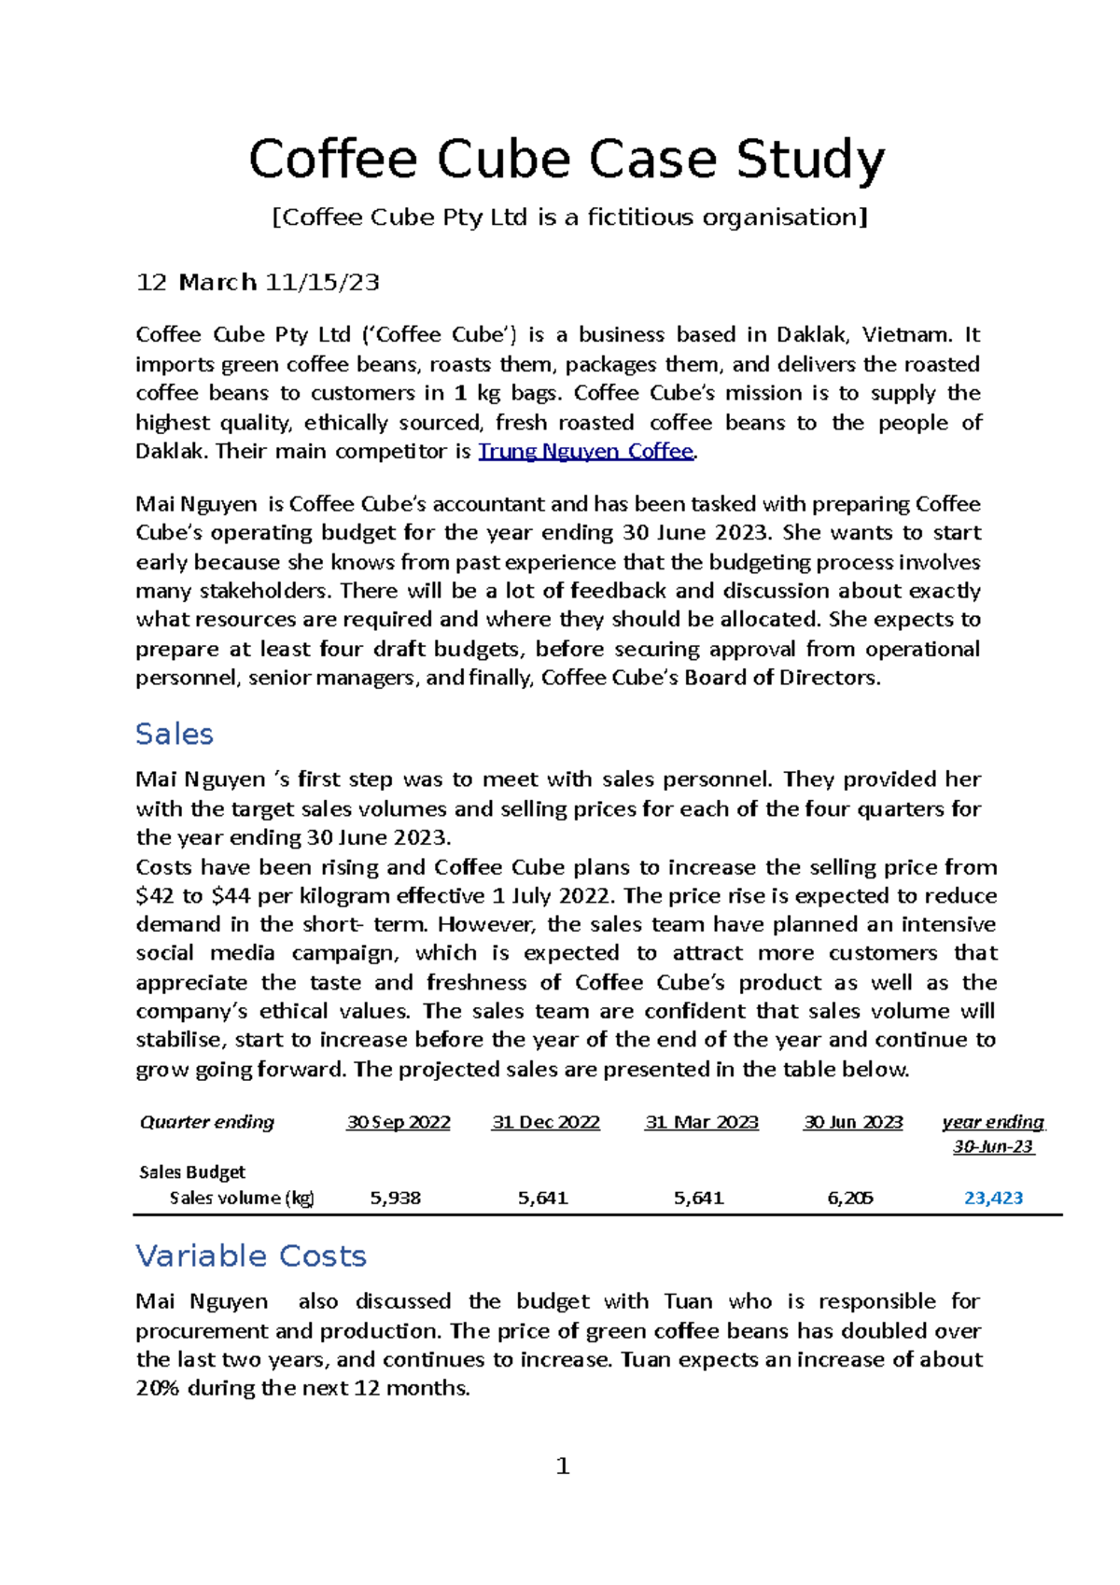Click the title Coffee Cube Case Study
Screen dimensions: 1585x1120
coord(567,160)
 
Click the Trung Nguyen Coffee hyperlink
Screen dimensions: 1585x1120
coord(586,452)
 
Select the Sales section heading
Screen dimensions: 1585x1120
coord(175,735)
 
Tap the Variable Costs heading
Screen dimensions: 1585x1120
coord(251,1256)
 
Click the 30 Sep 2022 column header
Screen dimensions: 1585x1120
coord(399,1123)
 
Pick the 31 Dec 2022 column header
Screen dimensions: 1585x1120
coord(546,1123)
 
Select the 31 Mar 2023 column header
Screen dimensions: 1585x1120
coord(702,1123)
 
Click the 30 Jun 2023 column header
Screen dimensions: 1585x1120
coord(853,1123)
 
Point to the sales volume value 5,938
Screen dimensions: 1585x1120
coord(396,1199)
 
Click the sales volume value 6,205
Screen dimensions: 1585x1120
coord(850,1199)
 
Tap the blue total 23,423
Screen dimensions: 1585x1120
coord(993,1199)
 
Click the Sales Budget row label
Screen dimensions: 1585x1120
coord(192,1172)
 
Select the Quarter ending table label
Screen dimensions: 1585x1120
coord(207,1123)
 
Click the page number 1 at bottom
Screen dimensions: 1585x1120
coord(562,1467)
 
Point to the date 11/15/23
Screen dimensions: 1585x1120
coord(322,283)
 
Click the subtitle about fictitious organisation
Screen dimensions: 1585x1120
coord(568,218)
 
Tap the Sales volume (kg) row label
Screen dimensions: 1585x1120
coord(242,1199)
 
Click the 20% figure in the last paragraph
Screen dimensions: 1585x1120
coord(158,1389)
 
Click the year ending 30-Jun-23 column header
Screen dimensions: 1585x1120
coord(993,1134)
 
